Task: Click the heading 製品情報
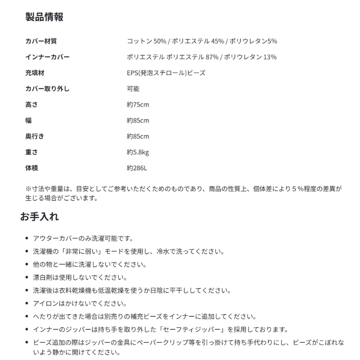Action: [44, 17]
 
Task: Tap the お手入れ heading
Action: [39, 216]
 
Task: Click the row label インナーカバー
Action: [48, 57]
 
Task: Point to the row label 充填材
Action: [35, 73]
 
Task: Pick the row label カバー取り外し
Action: [48, 89]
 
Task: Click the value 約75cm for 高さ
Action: [138, 104]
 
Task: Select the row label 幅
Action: [29, 120]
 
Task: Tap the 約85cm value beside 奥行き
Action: [138, 136]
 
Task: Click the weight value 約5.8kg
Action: [138, 152]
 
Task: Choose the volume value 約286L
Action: [137, 168]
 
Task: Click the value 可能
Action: [133, 89]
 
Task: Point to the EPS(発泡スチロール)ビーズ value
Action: [166, 73]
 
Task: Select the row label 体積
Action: [31, 168]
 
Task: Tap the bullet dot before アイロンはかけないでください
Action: [27, 303]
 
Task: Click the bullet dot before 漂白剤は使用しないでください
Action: [27, 277]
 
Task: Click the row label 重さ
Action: [31, 152]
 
